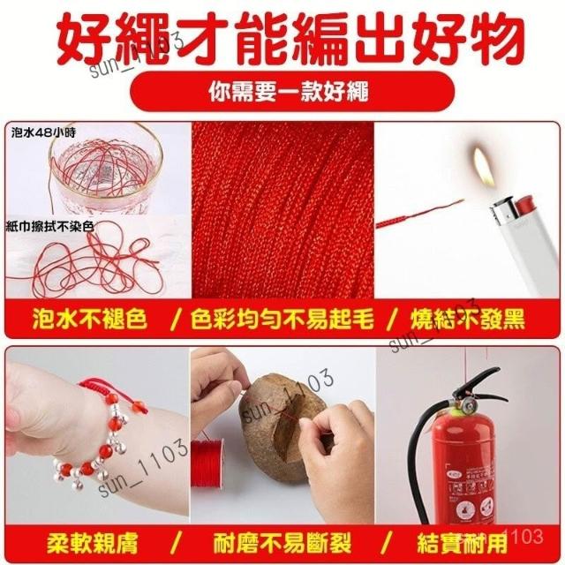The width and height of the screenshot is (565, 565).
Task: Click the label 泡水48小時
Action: pos(43,132)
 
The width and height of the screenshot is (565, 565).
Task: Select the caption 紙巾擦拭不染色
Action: pos(50,227)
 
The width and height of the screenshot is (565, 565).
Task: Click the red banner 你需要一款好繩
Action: pos(292,92)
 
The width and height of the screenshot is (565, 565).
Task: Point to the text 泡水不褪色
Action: pos(90,319)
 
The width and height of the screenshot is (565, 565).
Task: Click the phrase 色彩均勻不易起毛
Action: pos(282,319)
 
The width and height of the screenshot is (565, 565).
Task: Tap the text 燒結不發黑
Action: pos(468,319)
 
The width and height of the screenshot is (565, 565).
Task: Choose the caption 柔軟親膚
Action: pos(92,544)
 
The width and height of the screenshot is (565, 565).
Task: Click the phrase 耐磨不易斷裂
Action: pos(282,544)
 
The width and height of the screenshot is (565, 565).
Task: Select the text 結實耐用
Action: pos(463,544)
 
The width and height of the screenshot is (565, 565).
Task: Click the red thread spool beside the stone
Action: pos(207,465)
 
